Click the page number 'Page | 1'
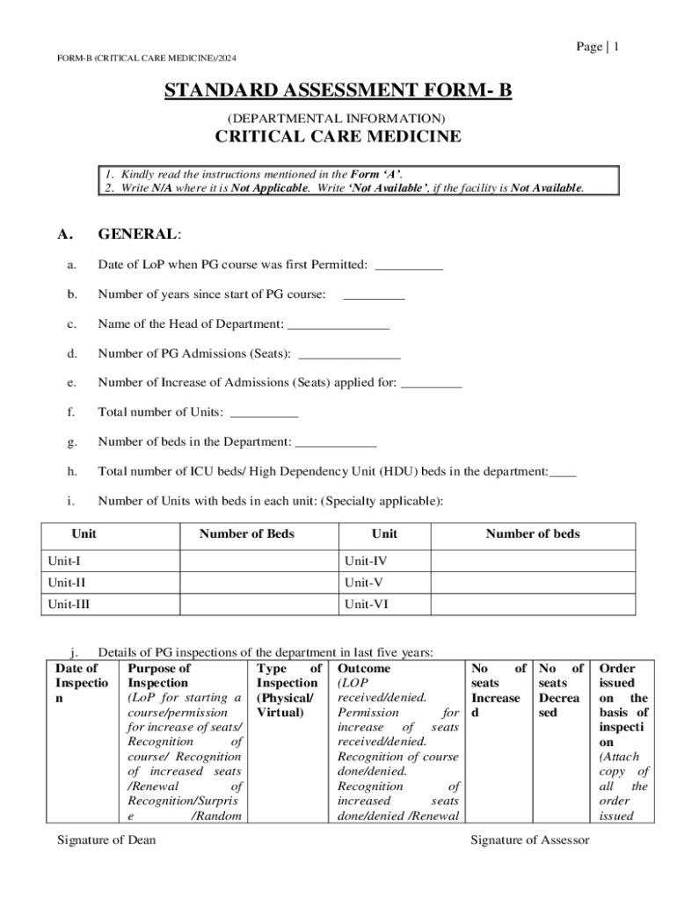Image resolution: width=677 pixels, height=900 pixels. click(x=598, y=47)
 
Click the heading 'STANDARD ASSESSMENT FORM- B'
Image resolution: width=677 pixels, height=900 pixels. click(x=338, y=91)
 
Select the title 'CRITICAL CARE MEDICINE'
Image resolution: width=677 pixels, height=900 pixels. click(x=338, y=136)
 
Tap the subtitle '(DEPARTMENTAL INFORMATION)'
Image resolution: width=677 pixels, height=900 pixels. click(x=337, y=117)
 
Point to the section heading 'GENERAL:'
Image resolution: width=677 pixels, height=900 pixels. click(x=139, y=234)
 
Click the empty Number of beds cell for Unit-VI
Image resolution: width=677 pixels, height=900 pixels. click(x=533, y=605)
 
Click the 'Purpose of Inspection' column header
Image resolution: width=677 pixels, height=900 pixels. click(x=160, y=676)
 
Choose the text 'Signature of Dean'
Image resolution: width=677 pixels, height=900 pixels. click(x=106, y=840)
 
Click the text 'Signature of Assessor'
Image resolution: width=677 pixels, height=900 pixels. click(x=529, y=840)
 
